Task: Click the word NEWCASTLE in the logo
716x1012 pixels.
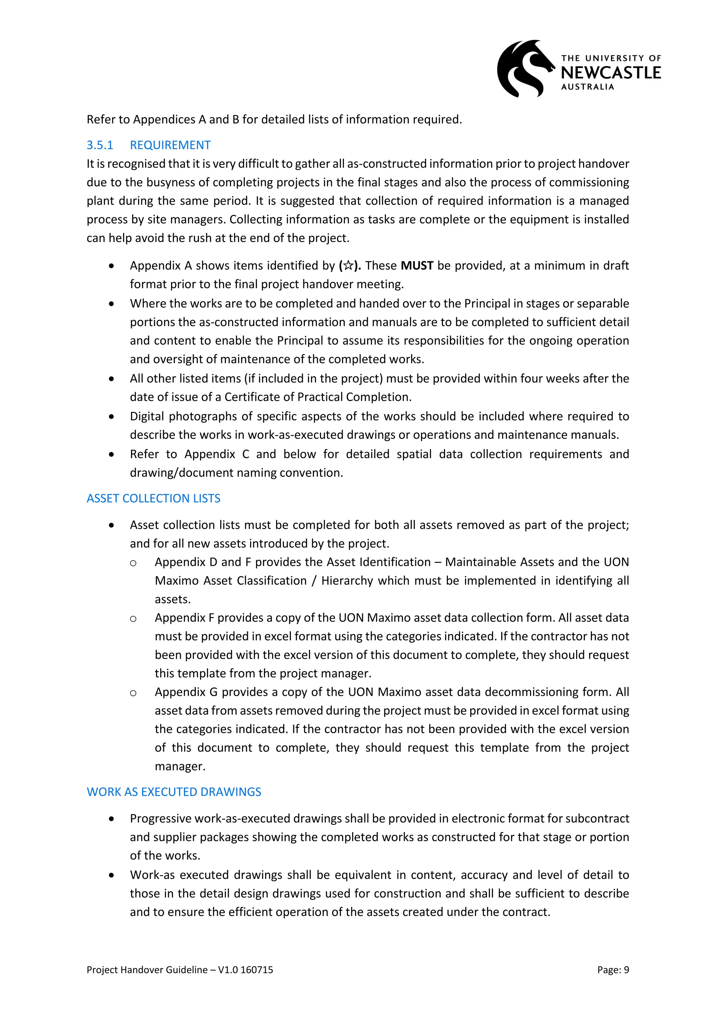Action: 611,73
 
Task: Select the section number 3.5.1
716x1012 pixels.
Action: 100,145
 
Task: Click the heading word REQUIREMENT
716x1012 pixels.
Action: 170,145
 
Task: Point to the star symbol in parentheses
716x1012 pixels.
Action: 348,266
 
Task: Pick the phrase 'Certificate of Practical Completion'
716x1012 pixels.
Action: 317,397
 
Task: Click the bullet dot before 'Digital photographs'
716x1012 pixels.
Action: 112,417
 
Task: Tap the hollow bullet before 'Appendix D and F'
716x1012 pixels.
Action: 133,563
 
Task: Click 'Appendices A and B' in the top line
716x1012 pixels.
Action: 186,120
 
